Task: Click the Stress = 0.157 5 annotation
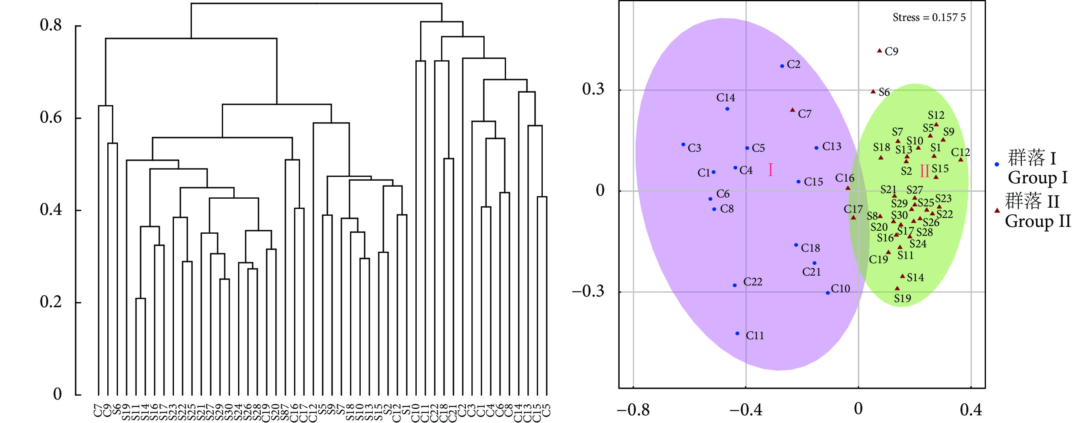tap(929, 18)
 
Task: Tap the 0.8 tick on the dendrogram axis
tap(51, 25)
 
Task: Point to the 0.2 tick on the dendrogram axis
tap(51, 302)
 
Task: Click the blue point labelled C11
tap(737, 333)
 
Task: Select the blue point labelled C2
tap(782, 66)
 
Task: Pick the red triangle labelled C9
tap(880, 51)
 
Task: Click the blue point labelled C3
tap(683, 144)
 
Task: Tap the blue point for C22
tap(735, 285)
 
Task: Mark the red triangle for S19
tap(897, 288)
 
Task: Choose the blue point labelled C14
tap(727, 109)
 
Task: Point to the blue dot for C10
tap(828, 293)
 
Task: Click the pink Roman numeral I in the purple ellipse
tap(771, 170)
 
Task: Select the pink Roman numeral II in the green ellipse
tap(924, 171)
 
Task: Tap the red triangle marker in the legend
tap(997, 210)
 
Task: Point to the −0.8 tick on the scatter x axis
tap(633, 410)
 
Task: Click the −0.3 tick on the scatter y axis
tap(589, 291)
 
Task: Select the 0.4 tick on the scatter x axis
tap(971, 410)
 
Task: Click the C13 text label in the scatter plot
tap(832, 147)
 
